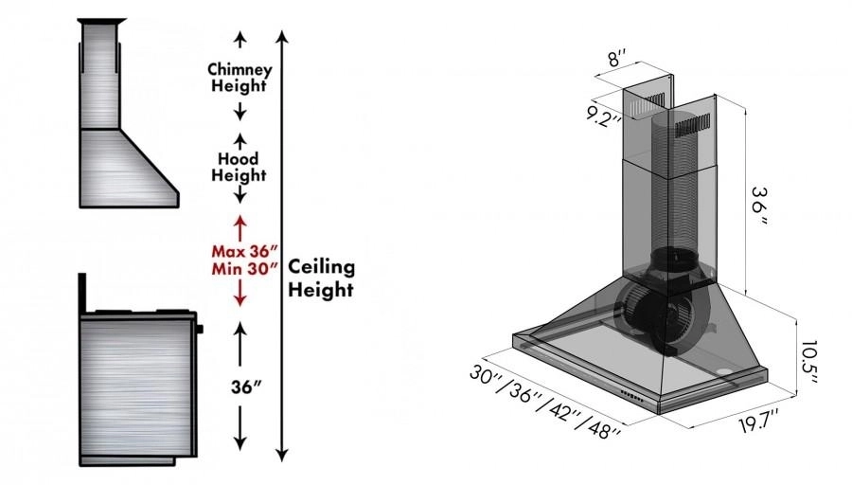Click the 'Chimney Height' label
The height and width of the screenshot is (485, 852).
240,77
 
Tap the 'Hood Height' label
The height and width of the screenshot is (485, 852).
240,167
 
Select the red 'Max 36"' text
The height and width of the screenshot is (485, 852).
244,251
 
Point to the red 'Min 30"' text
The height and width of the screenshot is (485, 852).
244,269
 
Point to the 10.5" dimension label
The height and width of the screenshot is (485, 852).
808,361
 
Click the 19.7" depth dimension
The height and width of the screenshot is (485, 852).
756,416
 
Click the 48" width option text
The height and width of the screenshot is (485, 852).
602,429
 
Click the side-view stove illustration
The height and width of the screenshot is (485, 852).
139,384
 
